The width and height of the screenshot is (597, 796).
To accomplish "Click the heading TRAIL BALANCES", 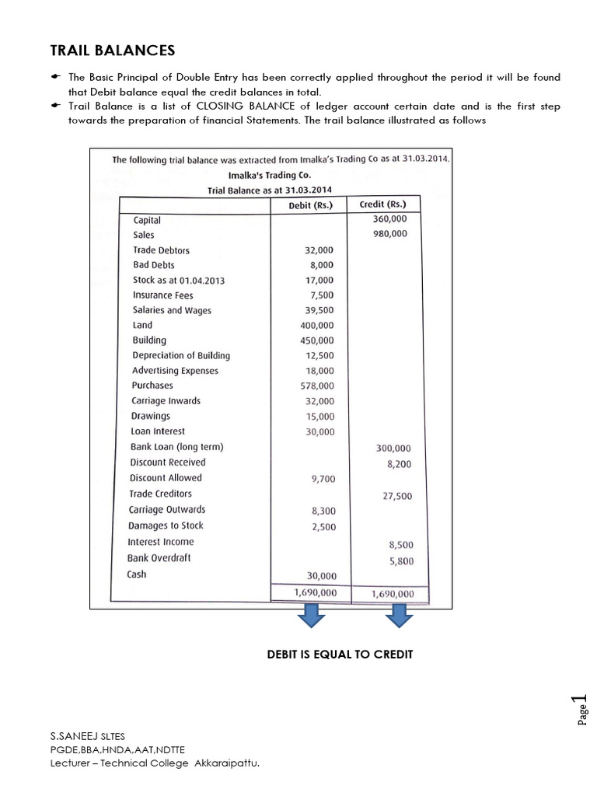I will pos(113,51).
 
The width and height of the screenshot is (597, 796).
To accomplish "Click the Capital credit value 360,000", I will pos(392,219).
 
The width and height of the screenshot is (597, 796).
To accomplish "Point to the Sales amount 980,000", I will pos(392,234).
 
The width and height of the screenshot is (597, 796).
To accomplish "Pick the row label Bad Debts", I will pos(154,265).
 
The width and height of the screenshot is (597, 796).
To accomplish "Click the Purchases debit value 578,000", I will pos(316,386).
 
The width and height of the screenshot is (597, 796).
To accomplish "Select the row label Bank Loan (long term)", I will pos(176,447).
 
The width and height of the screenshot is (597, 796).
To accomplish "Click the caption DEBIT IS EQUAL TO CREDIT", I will pos(340,655).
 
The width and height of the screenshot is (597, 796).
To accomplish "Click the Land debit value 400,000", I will pos(316,326).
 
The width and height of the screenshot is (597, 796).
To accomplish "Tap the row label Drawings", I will pos(151,416).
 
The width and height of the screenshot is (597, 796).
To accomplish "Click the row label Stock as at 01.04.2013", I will pos(173,280).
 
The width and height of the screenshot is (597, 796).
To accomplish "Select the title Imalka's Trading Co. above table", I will pos(269,175).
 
